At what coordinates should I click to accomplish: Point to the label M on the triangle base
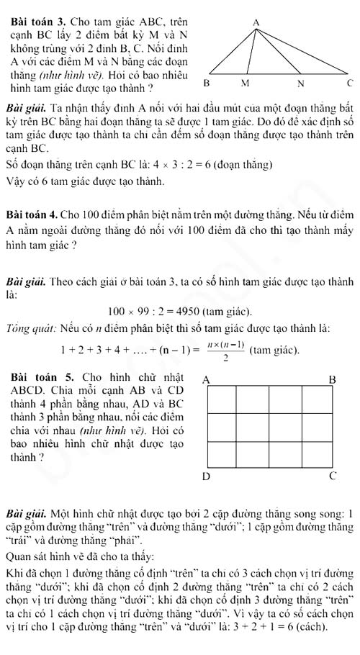click(244, 83)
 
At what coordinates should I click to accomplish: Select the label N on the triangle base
click(302, 83)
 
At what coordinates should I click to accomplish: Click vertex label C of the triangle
click(349, 83)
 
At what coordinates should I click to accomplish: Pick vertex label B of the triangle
click(206, 83)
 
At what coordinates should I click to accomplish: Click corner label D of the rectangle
click(206, 476)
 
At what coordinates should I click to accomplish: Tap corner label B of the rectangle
click(332, 379)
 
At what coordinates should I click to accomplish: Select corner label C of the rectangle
click(332, 476)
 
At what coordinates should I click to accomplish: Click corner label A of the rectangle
click(206, 379)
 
